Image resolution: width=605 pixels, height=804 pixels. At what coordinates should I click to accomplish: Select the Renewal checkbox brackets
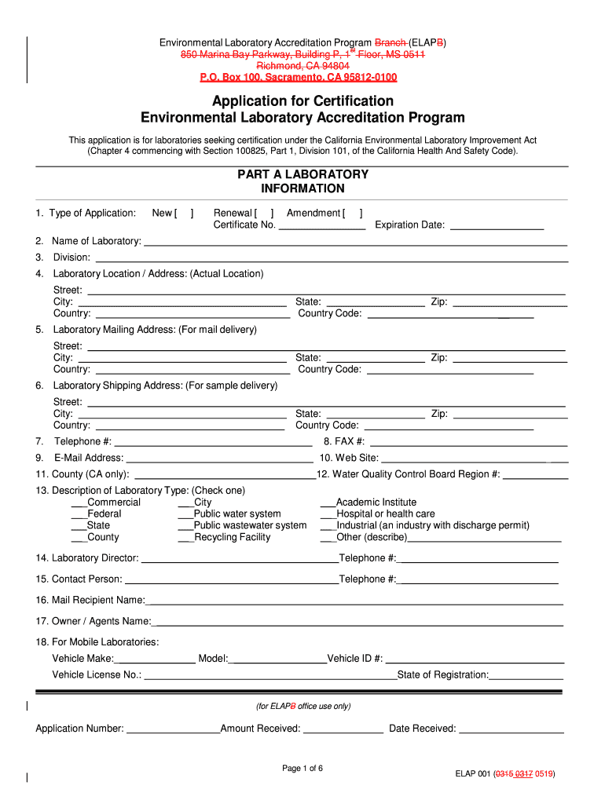[264, 213]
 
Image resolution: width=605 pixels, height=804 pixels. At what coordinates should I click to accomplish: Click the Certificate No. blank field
[322, 226]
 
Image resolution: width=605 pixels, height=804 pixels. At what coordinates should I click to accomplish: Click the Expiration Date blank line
[497, 226]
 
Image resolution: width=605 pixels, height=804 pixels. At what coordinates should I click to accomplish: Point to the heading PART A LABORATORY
[302, 174]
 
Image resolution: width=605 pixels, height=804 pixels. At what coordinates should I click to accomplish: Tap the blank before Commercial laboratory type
[79, 503]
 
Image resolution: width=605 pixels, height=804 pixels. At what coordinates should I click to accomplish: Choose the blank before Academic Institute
[328, 503]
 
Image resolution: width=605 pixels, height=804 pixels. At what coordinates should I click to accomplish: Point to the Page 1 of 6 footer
[302, 769]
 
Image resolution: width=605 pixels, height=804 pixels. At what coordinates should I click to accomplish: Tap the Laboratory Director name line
[239, 559]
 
